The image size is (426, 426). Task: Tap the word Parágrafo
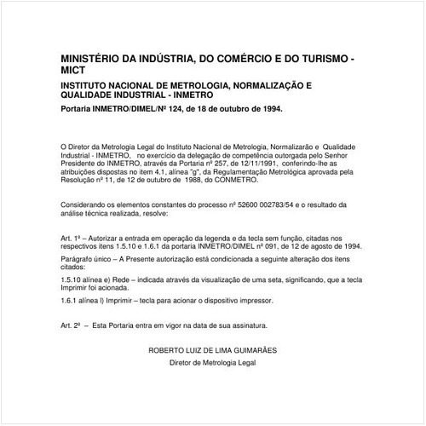point(79,257)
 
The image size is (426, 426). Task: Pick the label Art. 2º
point(73,325)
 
